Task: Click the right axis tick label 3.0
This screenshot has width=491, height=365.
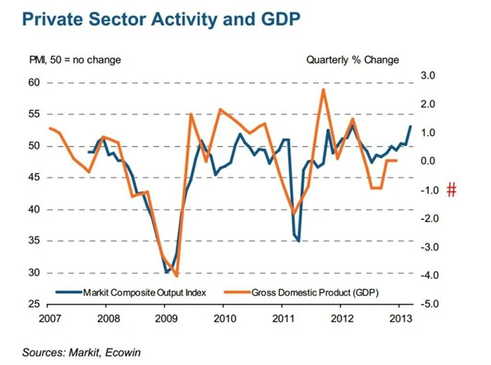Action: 427,75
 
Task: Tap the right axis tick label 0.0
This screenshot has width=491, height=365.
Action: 427,161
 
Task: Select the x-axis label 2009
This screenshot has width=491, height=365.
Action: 166,318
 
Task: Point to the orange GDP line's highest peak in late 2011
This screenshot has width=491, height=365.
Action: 324,89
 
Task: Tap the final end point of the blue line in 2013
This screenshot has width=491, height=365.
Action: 410,126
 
